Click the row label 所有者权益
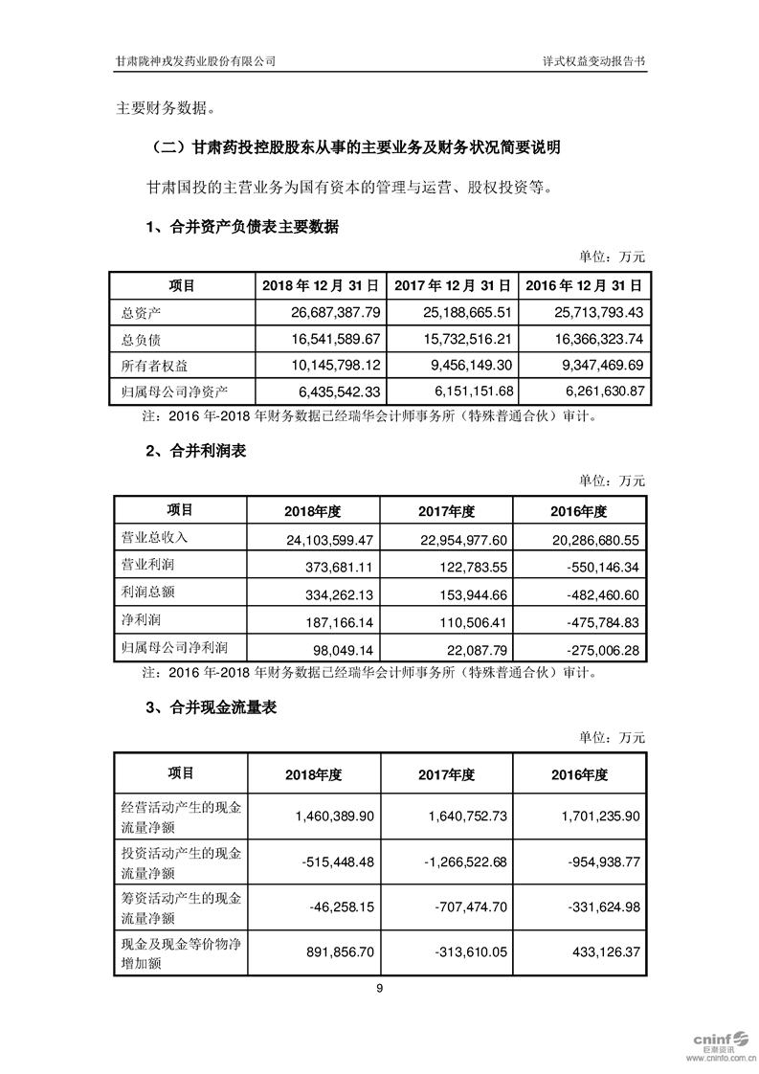point(150,365)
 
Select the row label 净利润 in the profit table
point(136,621)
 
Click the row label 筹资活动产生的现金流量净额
point(178,908)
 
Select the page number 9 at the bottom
point(380,990)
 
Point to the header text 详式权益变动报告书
point(593,60)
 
